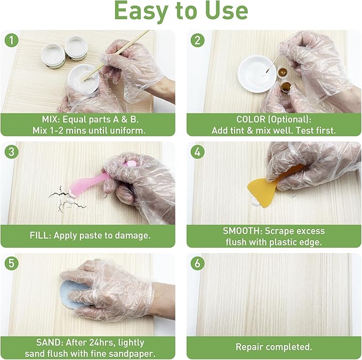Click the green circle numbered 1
click(10, 40)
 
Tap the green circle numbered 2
click(197, 40)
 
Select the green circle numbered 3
click(10, 152)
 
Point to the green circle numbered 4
click(197, 152)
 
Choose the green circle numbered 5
click(10, 264)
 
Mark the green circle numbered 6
click(197, 264)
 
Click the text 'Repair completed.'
click(273, 347)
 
